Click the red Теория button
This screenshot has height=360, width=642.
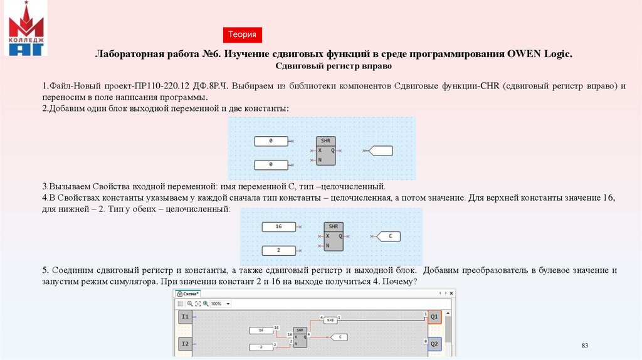coord(241,35)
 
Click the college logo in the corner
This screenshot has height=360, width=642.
coord(26,29)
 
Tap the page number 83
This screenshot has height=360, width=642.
coord(586,346)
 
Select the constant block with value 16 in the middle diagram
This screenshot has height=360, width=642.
coord(278,226)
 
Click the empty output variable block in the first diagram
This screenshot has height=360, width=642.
coord(381,151)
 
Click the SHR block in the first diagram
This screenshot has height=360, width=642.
coord(325,151)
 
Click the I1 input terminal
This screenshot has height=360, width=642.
coord(185,317)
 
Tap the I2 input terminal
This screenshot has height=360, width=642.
coord(185,343)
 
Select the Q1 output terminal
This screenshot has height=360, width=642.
coord(434,317)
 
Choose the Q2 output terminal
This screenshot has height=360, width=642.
coord(434,343)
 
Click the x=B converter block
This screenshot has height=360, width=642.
coord(330,320)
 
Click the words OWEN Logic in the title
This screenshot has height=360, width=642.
coord(545,55)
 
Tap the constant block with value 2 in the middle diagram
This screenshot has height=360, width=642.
coord(278,250)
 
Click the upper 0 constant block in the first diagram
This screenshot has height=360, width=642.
coord(270,141)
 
